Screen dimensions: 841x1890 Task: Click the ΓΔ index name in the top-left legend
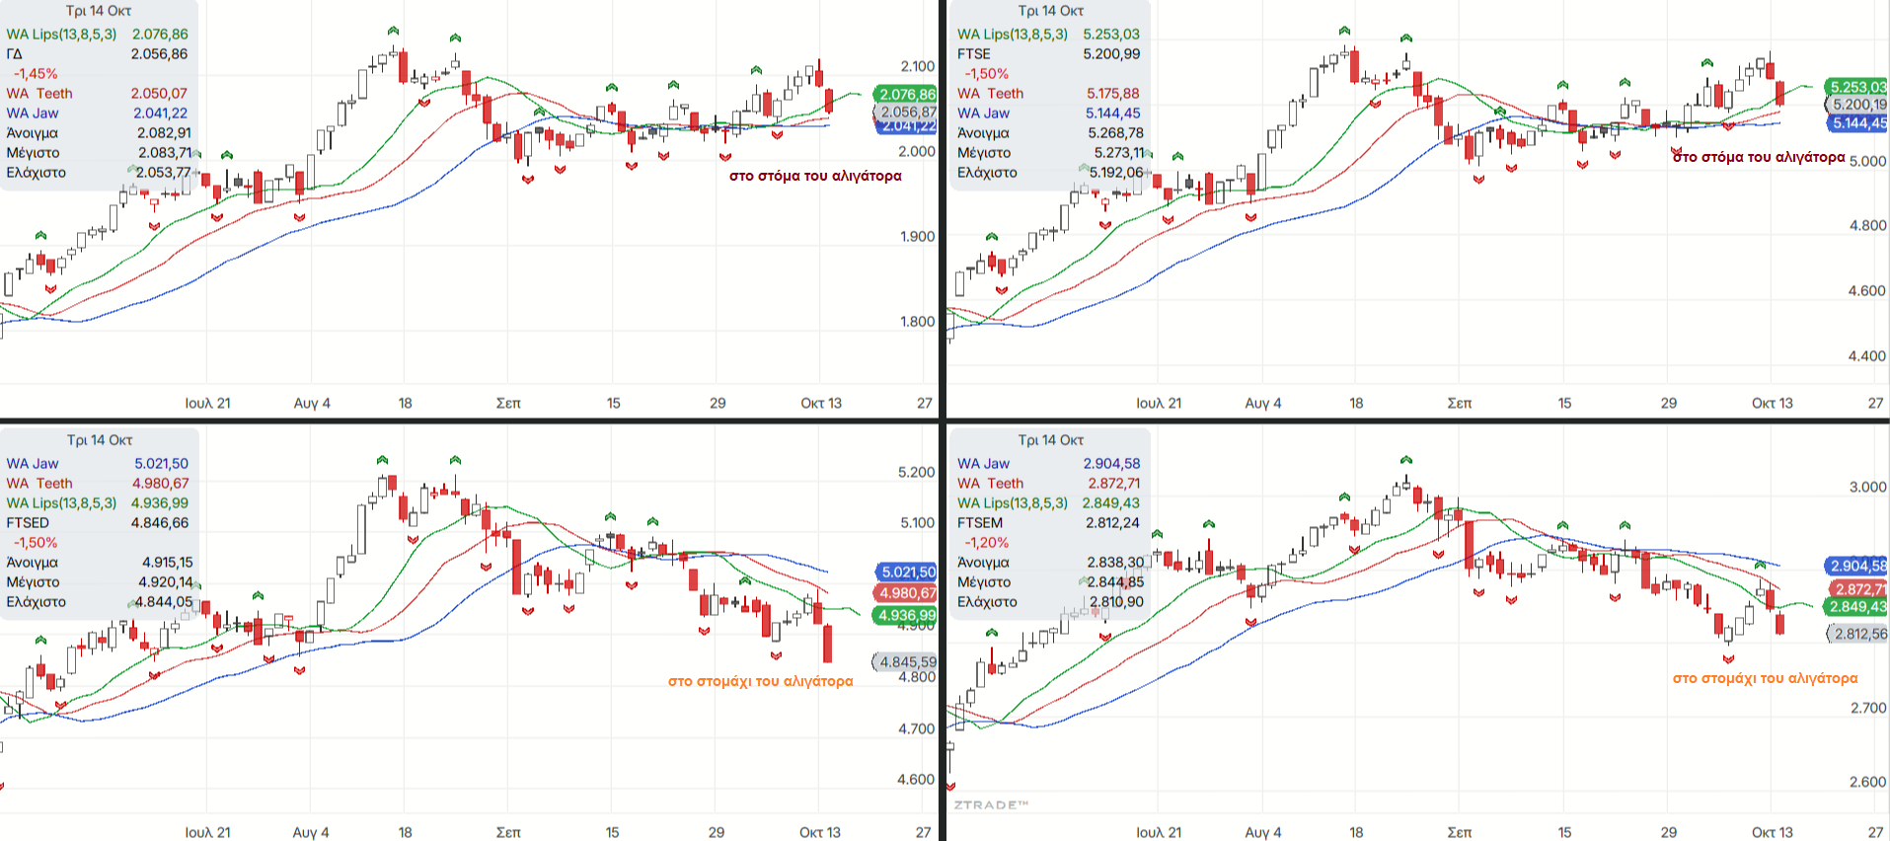(x=14, y=54)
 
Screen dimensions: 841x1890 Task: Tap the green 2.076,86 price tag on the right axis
(x=907, y=95)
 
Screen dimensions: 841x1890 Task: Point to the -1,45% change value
(x=36, y=74)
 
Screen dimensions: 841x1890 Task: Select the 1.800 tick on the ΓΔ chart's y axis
(x=917, y=322)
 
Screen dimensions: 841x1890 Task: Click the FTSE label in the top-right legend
(x=973, y=54)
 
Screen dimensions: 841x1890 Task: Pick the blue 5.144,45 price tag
(x=1858, y=123)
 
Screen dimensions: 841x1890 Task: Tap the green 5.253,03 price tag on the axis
(x=1857, y=87)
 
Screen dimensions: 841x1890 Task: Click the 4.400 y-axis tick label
(x=1867, y=356)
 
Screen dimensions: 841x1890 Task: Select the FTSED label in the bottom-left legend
(x=28, y=523)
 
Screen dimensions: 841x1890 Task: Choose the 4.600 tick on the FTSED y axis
(x=916, y=780)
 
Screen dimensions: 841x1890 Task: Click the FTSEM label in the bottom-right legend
(x=980, y=523)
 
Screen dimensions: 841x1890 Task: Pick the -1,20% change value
(x=986, y=543)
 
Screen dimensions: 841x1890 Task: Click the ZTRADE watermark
(x=991, y=805)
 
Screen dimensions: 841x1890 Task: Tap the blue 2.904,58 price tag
(x=1858, y=566)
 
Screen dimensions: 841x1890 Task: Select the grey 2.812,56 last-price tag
(x=1860, y=634)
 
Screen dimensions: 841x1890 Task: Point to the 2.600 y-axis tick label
(x=1867, y=782)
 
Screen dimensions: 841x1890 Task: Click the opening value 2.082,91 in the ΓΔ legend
(x=164, y=133)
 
